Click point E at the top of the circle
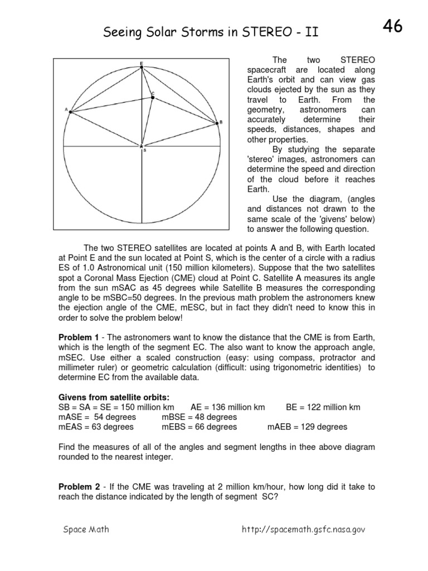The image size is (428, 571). click(x=142, y=67)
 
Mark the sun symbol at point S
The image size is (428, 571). click(x=142, y=146)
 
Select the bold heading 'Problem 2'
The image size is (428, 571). click(x=79, y=486)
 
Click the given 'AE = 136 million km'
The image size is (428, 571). click(x=227, y=407)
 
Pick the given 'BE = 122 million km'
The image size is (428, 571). click(x=323, y=407)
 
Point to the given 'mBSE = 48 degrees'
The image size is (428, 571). click(x=199, y=417)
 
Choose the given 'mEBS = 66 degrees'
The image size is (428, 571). click(x=199, y=427)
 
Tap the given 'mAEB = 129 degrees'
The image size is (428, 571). click(x=307, y=427)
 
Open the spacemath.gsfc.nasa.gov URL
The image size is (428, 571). click(x=303, y=529)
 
